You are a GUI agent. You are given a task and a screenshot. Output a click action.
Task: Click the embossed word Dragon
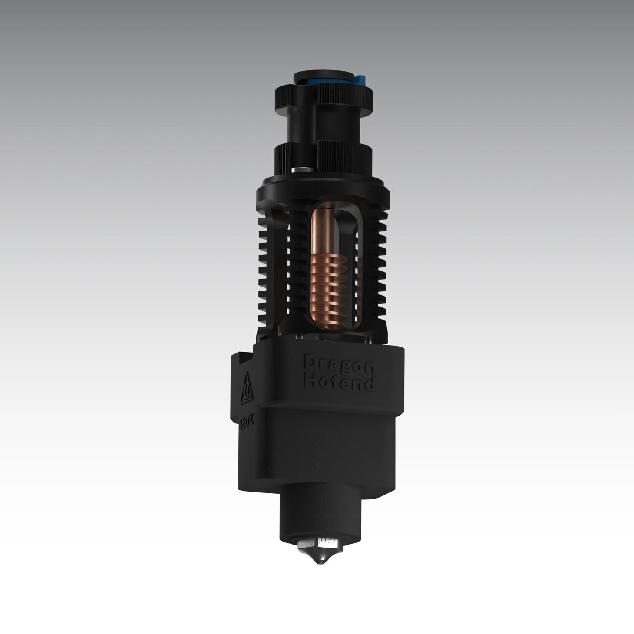point(339,364)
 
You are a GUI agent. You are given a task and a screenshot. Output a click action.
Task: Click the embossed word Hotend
point(339,383)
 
